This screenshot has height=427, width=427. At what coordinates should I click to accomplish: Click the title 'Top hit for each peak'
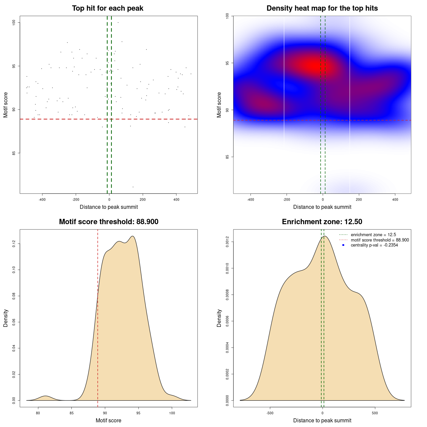coord(107,8)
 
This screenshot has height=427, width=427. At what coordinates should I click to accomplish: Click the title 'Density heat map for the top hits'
coord(322,8)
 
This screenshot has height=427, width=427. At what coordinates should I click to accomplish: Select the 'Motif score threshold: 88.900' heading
coord(108,222)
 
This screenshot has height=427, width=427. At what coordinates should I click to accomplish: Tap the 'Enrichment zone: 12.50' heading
coord(322,222)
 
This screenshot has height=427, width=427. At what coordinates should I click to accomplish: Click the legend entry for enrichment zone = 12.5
coord(373,235)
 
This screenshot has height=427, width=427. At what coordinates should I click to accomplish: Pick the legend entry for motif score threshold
coord(380,240)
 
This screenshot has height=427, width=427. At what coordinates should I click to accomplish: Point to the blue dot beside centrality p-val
coord(343,245)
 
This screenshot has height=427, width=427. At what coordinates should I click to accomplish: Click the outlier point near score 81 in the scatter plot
coord(133,187)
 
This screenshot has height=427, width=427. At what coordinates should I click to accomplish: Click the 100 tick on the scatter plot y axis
coord(14,22)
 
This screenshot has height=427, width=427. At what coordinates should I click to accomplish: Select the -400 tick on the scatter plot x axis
coord(42,199)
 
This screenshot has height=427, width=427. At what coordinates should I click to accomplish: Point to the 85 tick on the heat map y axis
coord(227,157)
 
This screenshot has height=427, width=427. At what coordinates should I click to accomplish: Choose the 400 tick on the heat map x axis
coord(395,199)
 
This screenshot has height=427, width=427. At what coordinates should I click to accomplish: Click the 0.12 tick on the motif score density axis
coord(14,244)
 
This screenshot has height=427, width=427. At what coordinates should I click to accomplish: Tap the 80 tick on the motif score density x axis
coord(38,413)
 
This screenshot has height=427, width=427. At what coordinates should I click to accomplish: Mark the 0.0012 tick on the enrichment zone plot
coord(227,242)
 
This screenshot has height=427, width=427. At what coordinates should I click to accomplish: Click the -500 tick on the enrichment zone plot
coord(270,413)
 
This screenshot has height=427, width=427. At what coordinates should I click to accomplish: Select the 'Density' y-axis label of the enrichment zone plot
coord(219,318)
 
